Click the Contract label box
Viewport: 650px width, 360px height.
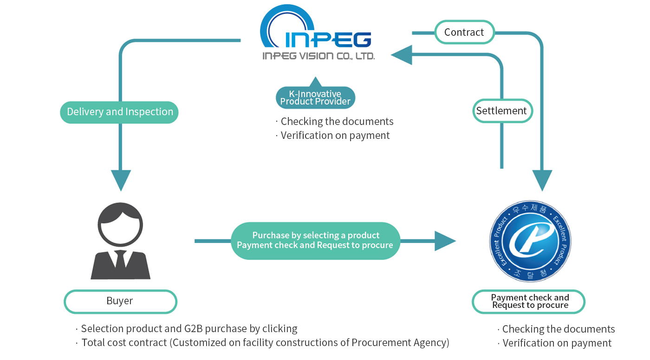coord(464,32)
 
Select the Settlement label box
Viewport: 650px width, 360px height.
coord(501,111)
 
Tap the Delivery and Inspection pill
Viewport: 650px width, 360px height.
coord(120,112)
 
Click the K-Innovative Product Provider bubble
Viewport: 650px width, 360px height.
coord(315,98)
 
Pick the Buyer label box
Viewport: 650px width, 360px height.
coord(120,301)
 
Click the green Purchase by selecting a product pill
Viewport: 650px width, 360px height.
coord(315,241)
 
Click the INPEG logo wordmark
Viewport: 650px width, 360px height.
coord(327,39)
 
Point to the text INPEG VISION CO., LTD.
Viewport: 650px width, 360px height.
coord(318,56)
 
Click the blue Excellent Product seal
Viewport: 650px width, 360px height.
coord(530,242)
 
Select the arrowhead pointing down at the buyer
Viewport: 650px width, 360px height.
coord(121,180)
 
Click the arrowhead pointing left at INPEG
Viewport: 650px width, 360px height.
coord(402,55)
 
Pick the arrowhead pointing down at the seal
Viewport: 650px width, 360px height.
coord(542,180)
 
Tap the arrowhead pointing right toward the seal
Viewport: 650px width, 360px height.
coord(445,241)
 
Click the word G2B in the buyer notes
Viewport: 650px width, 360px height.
coord(189,328)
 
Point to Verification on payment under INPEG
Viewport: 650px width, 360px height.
coord(335,135)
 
